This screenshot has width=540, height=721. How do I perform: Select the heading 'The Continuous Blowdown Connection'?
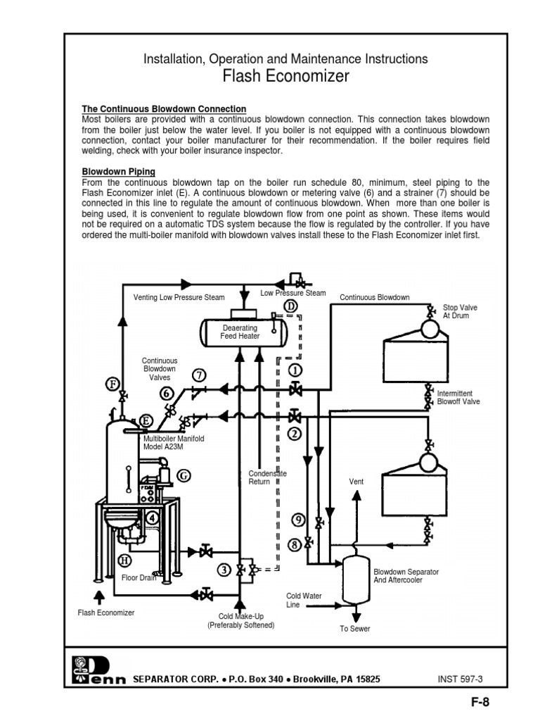point(164,109)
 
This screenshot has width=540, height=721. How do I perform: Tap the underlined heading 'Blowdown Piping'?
point(119,171)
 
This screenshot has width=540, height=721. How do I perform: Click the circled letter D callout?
point(291,306)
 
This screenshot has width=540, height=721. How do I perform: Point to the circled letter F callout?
point(112,384)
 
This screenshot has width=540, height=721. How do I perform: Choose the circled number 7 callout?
point(200,374)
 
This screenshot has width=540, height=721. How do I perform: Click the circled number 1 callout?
point(296,369)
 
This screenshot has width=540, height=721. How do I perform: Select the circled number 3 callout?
point(224,570)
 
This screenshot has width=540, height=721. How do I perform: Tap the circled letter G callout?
point(184,475)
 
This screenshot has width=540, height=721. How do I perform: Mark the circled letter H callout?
point(124,560)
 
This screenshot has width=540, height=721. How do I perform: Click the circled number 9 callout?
point(297,520)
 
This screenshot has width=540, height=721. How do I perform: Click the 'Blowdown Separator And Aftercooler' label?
point(406,576)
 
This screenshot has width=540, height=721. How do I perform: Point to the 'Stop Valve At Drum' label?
point(455,312)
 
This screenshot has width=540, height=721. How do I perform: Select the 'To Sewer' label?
point(354,629)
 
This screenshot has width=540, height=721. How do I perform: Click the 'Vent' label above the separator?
point(356,482)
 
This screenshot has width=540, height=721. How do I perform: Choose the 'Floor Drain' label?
point(139,578)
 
